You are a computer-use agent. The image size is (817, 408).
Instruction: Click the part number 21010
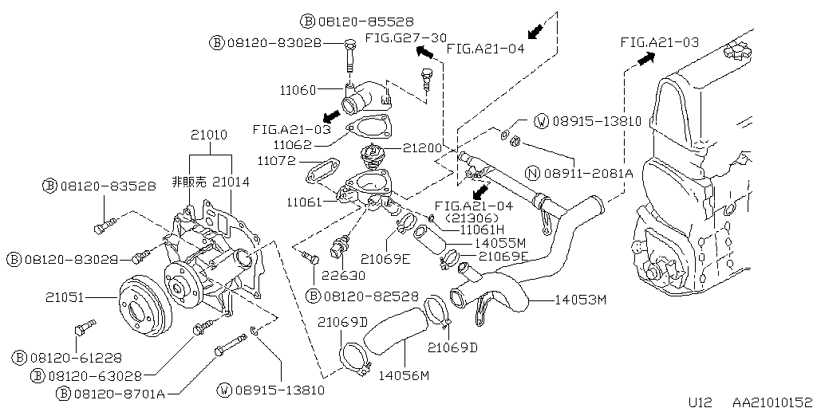click(x=210, y=135)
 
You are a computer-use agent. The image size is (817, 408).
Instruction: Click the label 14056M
click(x=404, y=375)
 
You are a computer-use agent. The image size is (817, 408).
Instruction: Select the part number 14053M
click(x=579, y=300)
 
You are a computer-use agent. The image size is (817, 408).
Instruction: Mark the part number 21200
click(x=423, y=148)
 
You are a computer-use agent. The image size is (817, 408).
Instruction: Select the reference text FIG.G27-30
click(x=406, y=37)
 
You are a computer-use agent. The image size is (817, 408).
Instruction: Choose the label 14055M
click(x=499, y=241)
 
